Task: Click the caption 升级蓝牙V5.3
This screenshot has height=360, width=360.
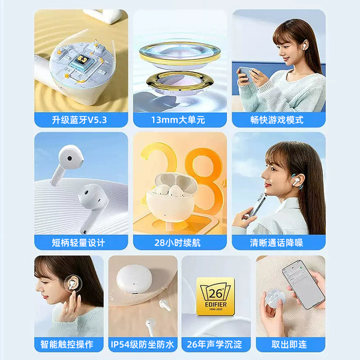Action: coord(79,120)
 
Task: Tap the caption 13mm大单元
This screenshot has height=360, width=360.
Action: coord(178,120)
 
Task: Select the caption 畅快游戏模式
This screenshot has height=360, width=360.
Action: coord(277,120)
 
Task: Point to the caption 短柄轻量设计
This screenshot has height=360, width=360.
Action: coord(78,242)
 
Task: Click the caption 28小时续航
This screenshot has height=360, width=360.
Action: coord(178,242)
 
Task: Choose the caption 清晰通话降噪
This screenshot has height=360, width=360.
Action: coord(277,242)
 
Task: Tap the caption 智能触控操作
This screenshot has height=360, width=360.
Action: coord(67,344)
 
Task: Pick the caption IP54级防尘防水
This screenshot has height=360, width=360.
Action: coord(143,344)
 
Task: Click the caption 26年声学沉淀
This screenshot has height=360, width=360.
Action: coord(214,344)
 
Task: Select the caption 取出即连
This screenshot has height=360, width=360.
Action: coord(289,344)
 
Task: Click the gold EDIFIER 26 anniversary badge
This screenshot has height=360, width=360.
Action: coord(215,296)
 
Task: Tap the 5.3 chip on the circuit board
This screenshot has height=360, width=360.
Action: coord(82,61)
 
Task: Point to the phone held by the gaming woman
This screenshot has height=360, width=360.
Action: coord(247,73)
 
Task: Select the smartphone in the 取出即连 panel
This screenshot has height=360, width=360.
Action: coord(303,284)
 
